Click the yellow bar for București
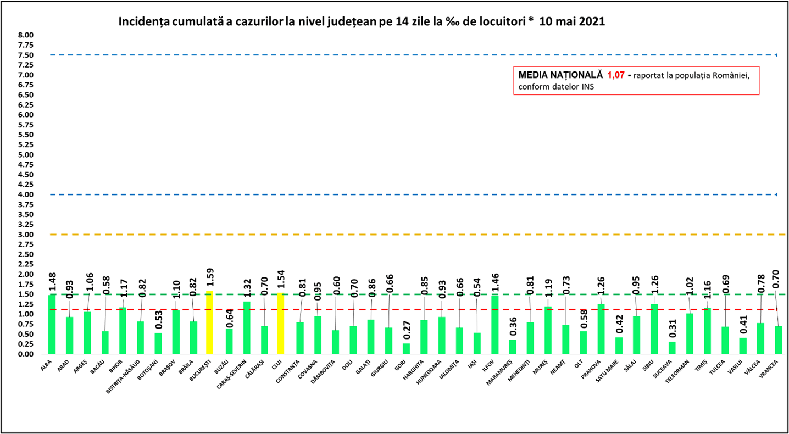click(x=209, y=322)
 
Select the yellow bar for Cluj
click(x=281, y=324)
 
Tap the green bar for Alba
click(x=52, y=324)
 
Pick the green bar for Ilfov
click(x=494, y=325)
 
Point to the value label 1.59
click(x=210, y=281)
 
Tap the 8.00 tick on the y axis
click(x=26, y=35)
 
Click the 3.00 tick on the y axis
click(x=26, y=235)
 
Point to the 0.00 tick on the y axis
click(x=26, y=354)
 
